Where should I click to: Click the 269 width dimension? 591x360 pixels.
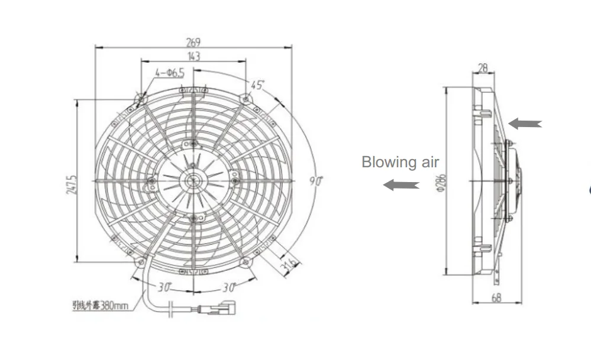(x=193, y=42)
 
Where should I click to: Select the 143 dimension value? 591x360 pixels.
(x=193, y=56)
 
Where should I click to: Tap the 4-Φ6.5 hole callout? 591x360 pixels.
(x=170, y=73)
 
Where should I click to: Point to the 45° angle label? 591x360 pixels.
(x=256, y=85)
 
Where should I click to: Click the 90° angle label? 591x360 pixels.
(x=315, y=181)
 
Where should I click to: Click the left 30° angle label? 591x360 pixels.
(x=164, y=287)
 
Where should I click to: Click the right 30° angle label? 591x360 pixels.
(x=228, y=287)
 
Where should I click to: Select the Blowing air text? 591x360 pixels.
(x=400, y=162)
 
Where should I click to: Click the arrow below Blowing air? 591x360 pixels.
(x=401, y=186)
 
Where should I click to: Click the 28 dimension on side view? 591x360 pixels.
(x=483, y=68)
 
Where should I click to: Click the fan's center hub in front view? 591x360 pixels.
(x=193, y=180)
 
